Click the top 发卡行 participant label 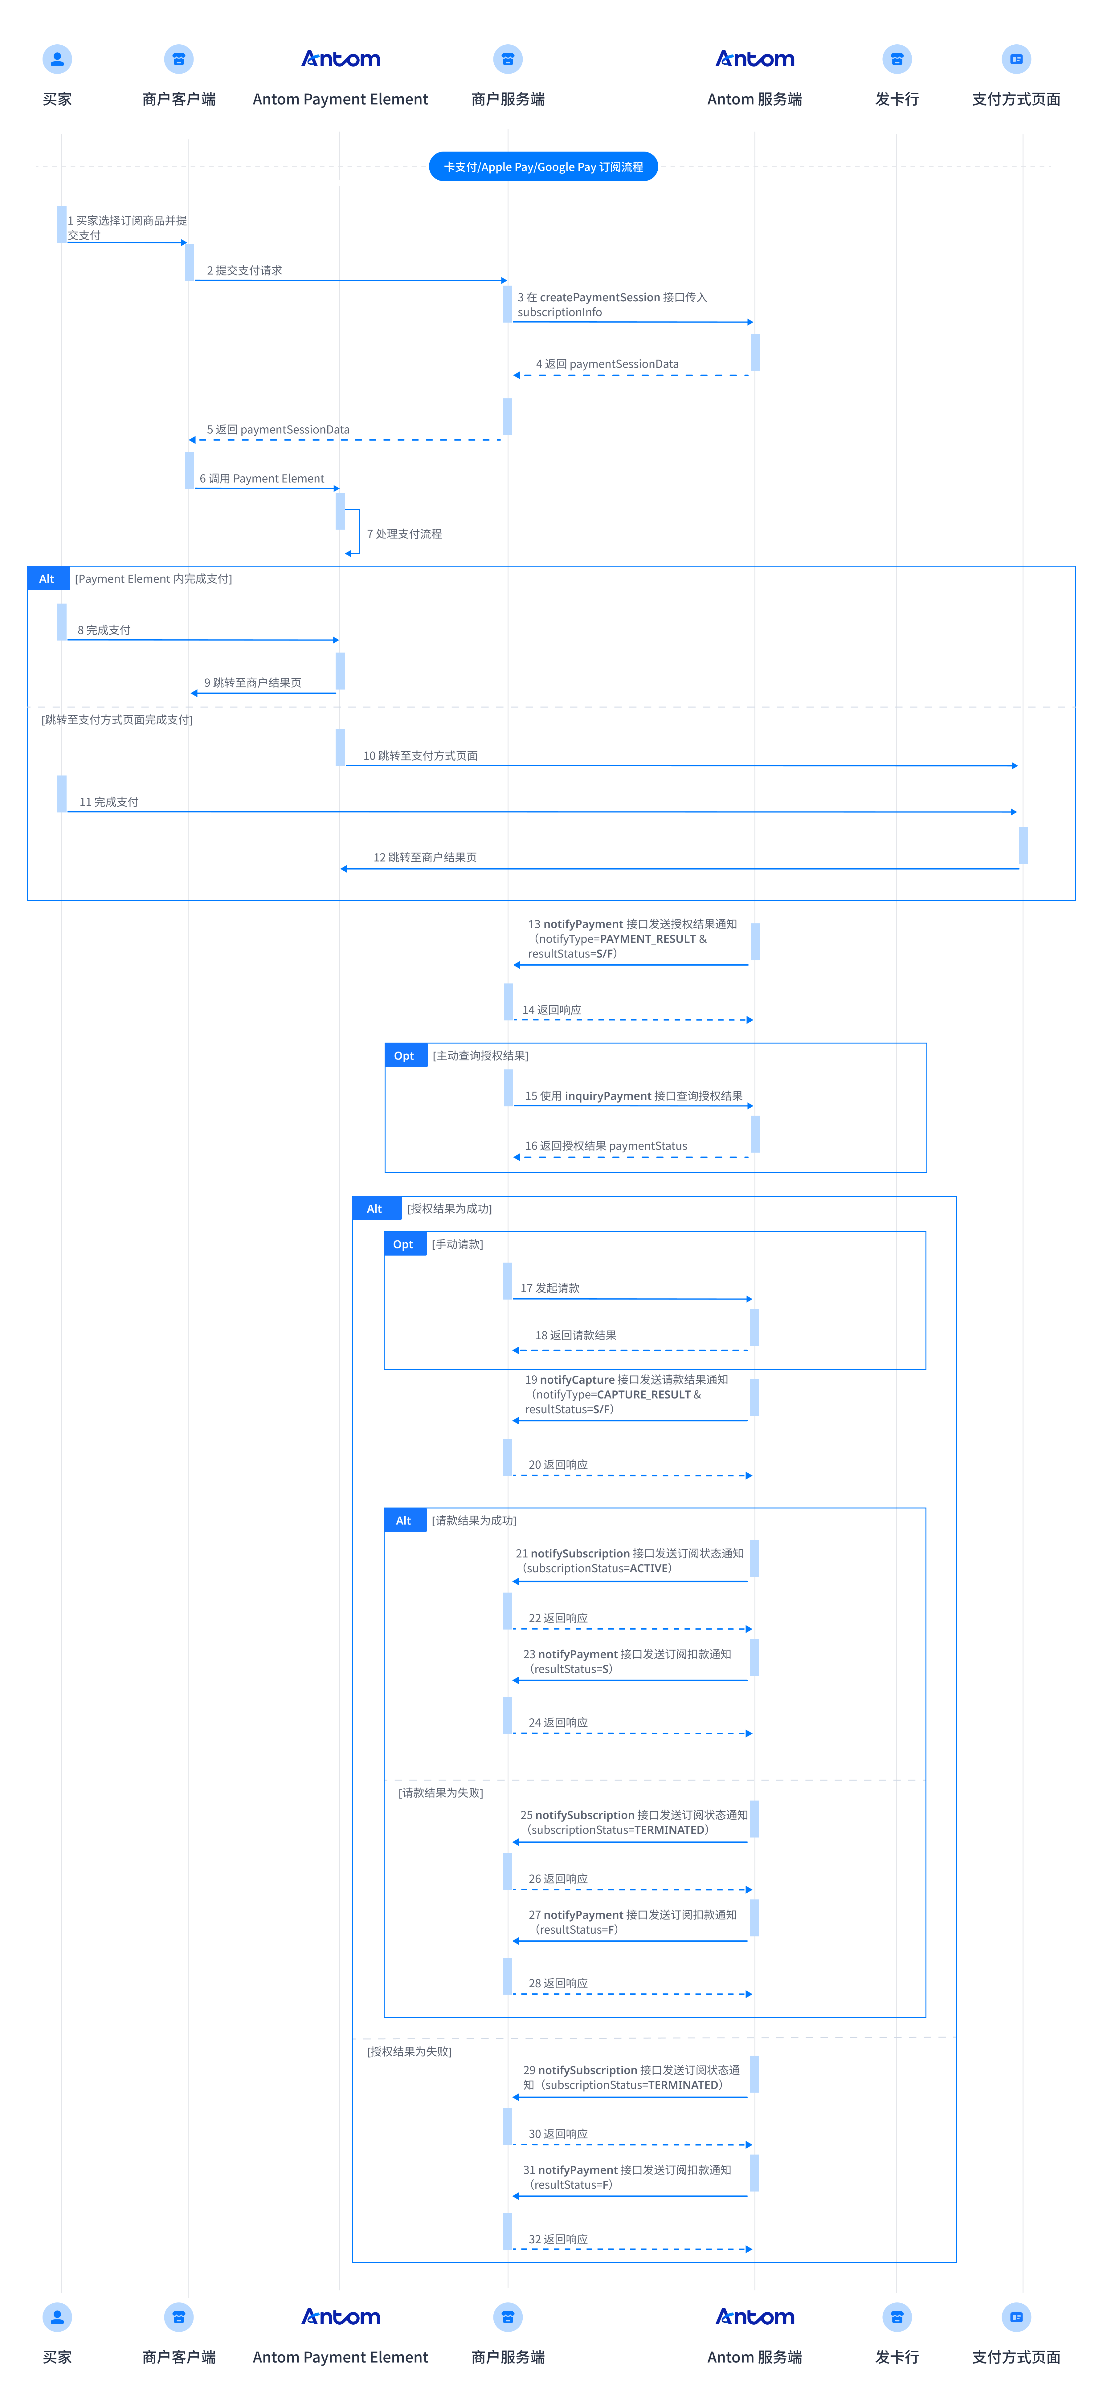[897, 99]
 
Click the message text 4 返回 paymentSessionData [607, 363]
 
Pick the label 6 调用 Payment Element [262, 478]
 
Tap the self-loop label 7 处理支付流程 [404, 533]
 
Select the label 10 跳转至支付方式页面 [421, 755]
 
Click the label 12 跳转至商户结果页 [425, 857]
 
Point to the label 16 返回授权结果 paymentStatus [607, 1145]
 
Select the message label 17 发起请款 [550, 1288]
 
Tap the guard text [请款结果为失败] [441, 1792]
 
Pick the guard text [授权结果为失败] [410, 2051]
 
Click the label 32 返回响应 [558, 2239]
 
